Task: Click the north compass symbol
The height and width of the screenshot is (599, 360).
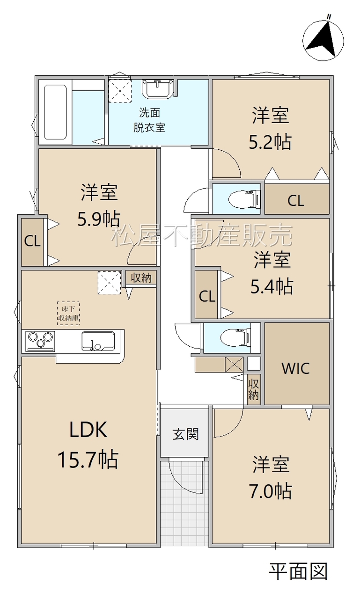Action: click(x=323, y=40)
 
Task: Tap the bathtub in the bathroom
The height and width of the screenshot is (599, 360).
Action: click(x=55, y=112)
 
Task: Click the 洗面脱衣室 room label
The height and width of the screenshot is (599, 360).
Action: click(x=149, y=120)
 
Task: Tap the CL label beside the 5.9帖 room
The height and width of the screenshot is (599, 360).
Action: click(x=32, y=242)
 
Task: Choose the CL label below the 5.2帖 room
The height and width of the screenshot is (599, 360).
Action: click(x=296, y=201)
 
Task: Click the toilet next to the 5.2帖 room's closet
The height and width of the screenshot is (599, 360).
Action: click(x=244, y=198)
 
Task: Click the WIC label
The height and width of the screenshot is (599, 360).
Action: click(x=295, y=368)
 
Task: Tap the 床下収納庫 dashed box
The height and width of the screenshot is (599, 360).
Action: click(x=68, y=313)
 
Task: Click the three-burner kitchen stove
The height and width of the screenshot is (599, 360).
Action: click(x=40, y=341)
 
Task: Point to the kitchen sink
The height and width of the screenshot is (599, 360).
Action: click(x=98, y=341)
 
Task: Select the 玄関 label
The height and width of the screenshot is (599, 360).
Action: click(x=185, y=434)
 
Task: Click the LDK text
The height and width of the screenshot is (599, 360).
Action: click(x=88, y=430)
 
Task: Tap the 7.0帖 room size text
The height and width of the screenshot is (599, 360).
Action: click(x=271, y=491)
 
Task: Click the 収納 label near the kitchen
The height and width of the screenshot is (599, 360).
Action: click(x=141, y=278)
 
